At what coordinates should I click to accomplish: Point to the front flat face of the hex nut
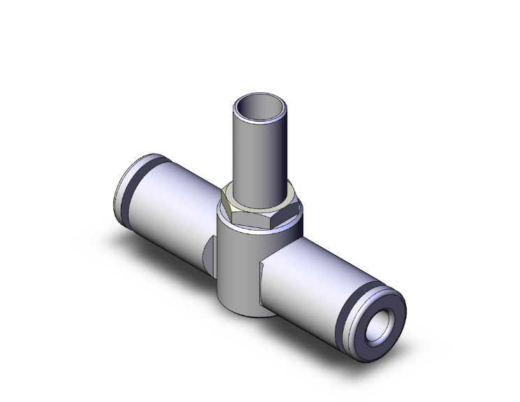(x=257, y=219)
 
